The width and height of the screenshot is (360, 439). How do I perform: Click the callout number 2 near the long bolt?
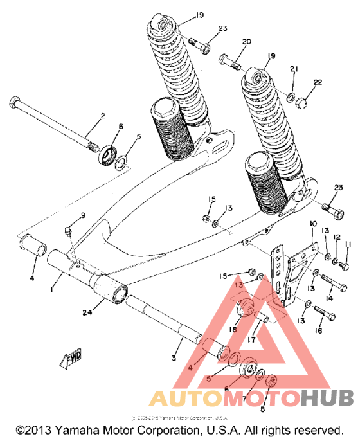102,116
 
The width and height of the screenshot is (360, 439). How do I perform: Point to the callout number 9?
83,214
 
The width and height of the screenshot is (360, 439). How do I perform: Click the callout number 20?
246,42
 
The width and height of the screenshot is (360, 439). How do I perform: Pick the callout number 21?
294,69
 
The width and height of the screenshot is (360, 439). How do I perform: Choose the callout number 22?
317,82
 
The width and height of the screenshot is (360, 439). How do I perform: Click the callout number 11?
348,244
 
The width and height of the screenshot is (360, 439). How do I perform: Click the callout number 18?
233,329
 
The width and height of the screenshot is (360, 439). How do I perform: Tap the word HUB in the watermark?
327,399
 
